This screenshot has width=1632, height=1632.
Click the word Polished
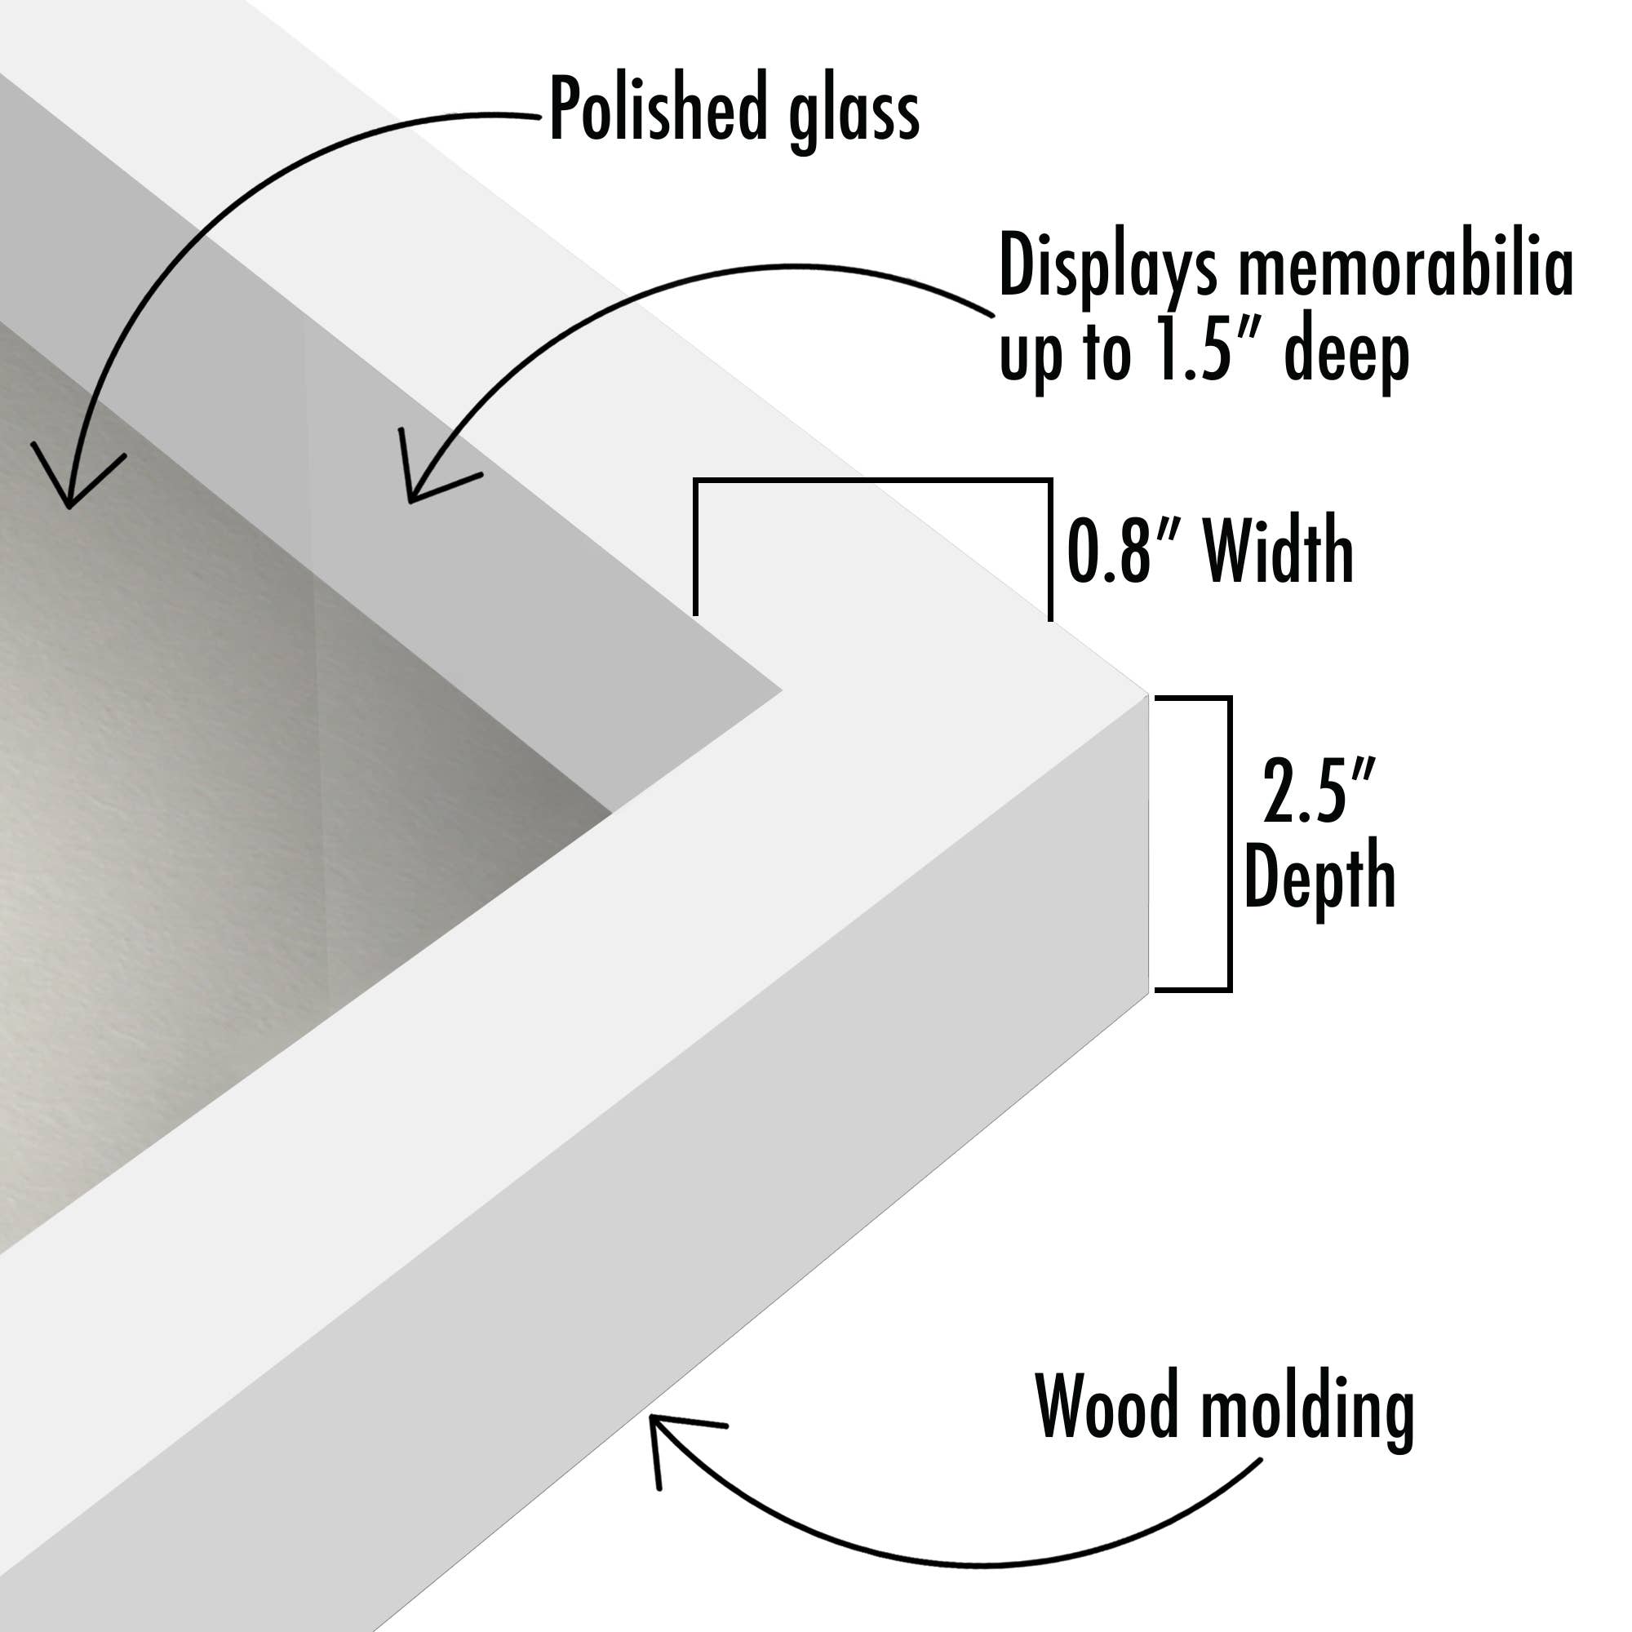pos(659,110)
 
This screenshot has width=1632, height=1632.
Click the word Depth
pos(1319,875)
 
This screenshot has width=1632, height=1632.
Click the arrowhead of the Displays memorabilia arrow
pos(411,499)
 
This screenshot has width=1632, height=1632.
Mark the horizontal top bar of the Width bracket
pos(872,481)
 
